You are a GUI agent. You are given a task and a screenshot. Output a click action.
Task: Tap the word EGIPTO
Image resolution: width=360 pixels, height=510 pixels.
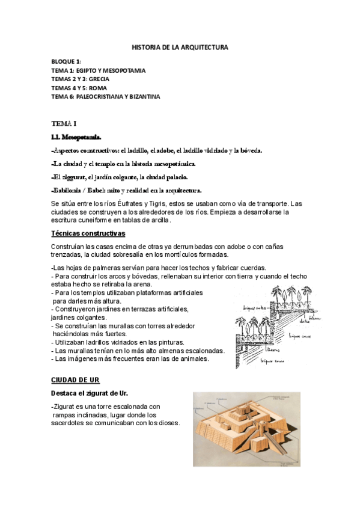click(94, 70)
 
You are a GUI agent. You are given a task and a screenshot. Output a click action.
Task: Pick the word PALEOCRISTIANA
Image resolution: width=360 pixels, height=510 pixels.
click(99, 96)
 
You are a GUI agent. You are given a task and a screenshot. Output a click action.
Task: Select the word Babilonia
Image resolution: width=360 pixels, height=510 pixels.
click(70, 191)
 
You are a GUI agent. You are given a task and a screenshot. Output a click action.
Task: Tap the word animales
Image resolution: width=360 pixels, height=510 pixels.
click(191, 359)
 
